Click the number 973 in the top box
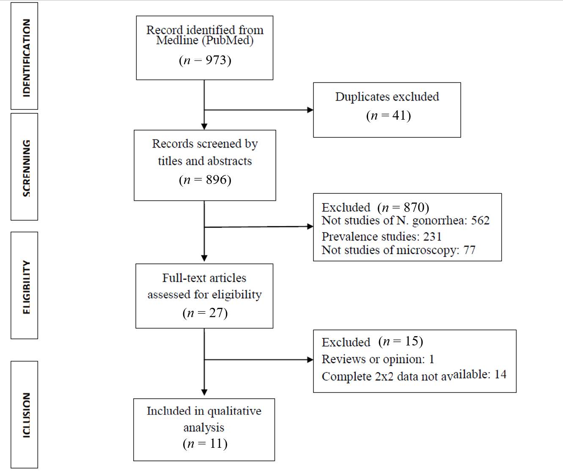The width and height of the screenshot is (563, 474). click(216, 60)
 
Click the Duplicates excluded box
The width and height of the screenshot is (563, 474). click(387, 110)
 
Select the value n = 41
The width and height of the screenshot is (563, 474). click(388, 115)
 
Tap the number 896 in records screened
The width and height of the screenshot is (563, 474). click(216, 180)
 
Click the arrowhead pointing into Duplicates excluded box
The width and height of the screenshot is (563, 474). click(310, 110)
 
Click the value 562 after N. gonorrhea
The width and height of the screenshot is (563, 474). click(480, 221)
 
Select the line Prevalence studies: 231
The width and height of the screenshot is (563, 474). click(382, 236)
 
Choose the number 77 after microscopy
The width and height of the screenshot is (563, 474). click(470, 250)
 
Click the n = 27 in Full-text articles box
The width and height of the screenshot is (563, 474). click(205, 313)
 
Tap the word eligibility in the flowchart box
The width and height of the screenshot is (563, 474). click(236, 295)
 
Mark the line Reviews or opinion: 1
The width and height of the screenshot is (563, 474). click(378, 359)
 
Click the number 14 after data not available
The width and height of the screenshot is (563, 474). click(500, 375)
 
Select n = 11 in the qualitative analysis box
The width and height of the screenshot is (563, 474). click(205, 444)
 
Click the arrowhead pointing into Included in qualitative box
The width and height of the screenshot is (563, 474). click(204, 392)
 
